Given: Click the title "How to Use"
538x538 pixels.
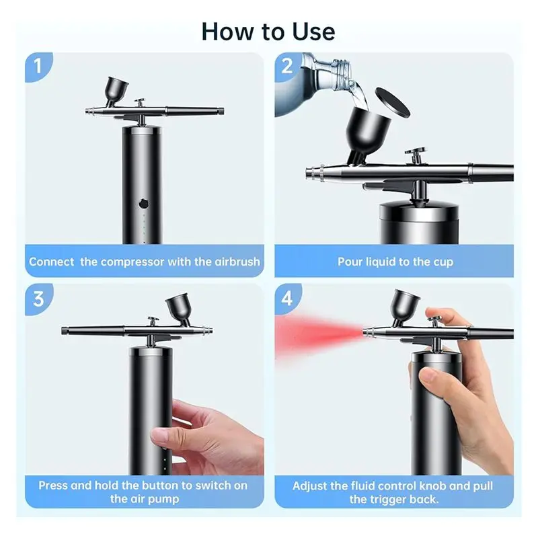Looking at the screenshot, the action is [268, 32].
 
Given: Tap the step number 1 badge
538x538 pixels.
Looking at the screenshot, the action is [38, 66].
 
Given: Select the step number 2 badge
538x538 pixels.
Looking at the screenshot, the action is [288, 66].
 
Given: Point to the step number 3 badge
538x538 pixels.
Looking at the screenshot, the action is [38, 299].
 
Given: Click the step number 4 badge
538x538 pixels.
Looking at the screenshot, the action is [288, 299].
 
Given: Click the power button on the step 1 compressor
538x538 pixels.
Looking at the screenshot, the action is [144, 204].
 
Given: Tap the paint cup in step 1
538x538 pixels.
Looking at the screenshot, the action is [116, 91].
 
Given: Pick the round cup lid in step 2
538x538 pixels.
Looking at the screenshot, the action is [393, 102].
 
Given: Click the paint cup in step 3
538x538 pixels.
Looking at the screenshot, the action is [178, 309].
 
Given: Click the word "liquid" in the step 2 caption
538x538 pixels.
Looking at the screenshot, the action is [379, 262].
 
